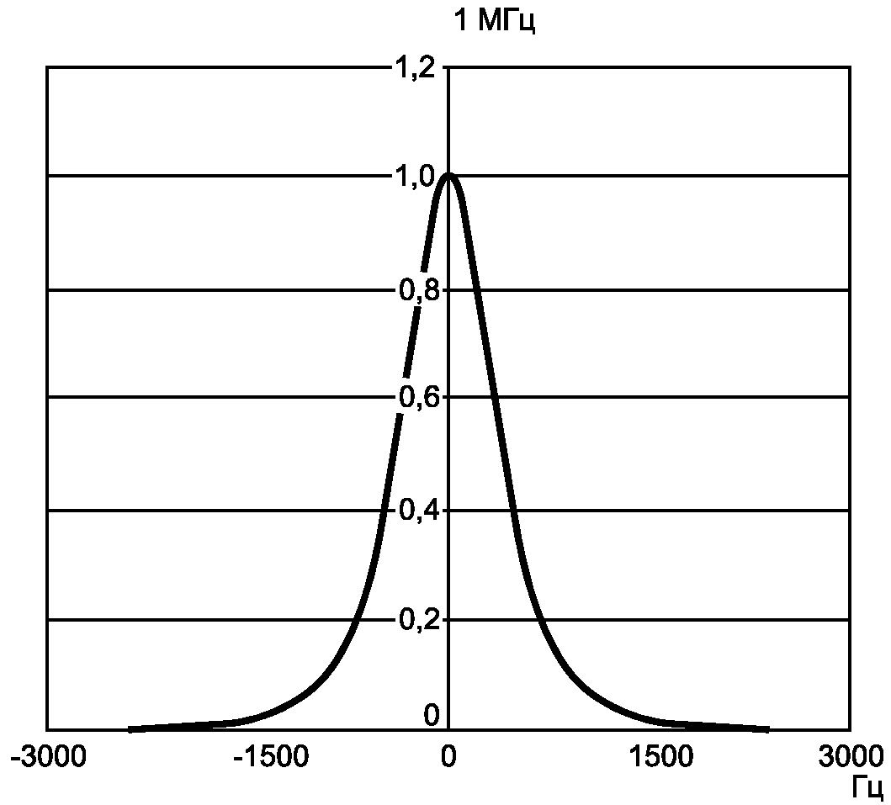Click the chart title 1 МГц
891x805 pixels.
[495, 20]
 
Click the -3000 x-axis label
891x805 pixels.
[48, 756]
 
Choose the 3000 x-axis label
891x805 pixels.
[851, 756]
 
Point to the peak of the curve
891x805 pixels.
[448, 176]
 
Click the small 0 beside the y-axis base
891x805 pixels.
[432, 715]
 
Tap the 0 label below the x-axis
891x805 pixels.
[448, 756]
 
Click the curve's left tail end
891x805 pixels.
[130, 728]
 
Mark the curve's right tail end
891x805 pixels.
[767, 728]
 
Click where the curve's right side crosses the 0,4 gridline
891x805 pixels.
[513, 511]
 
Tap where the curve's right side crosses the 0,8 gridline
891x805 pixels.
[475, 290]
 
